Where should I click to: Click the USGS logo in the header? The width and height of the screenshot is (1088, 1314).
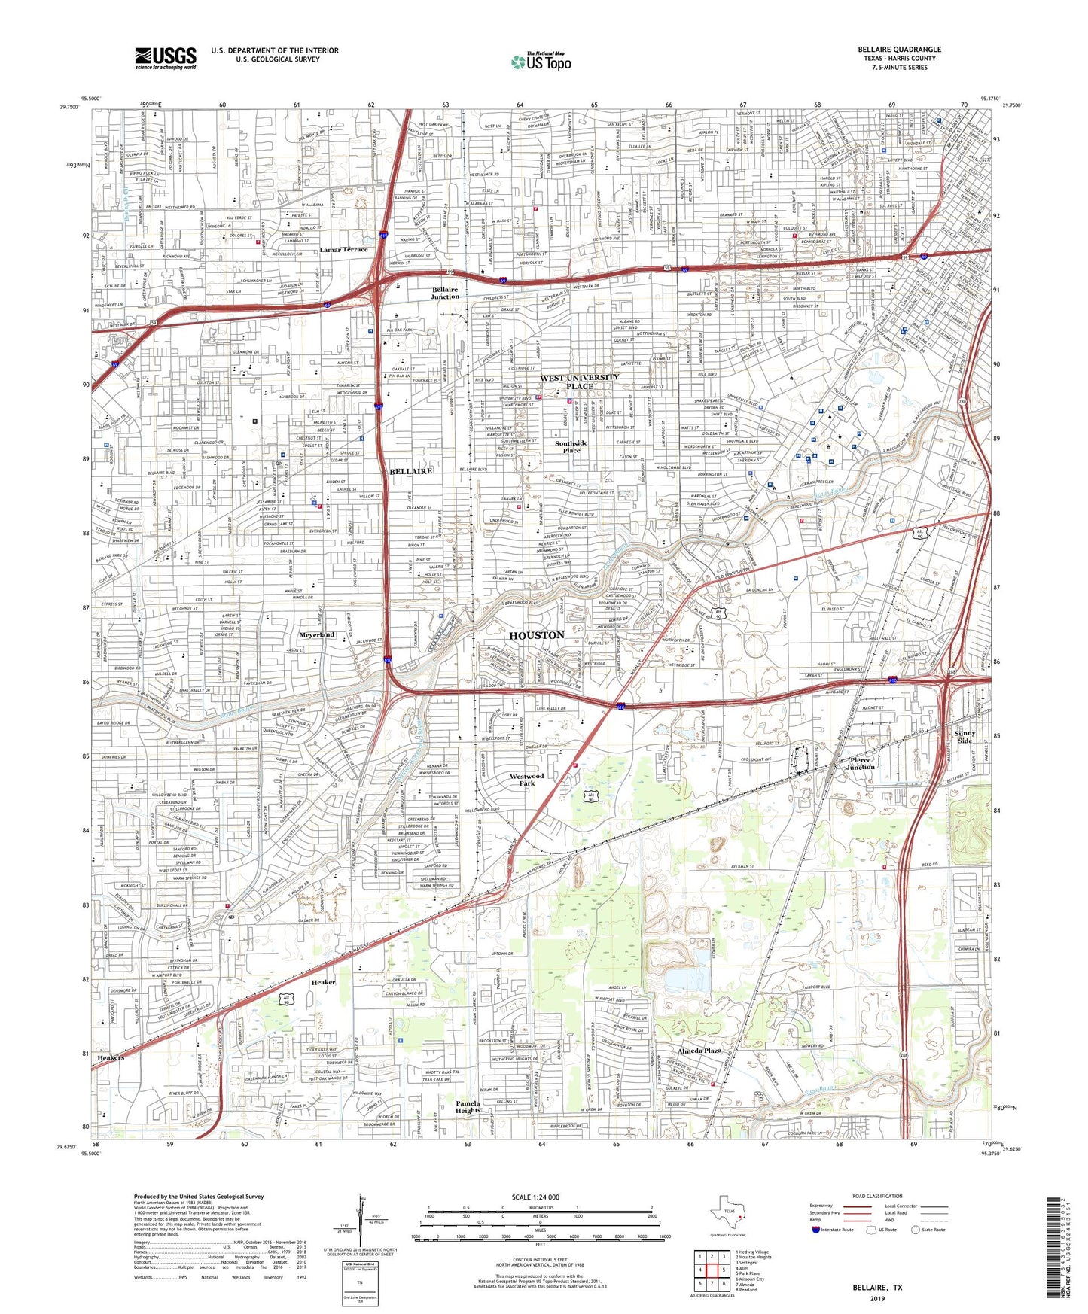pyautogui.click(x=166, y=58)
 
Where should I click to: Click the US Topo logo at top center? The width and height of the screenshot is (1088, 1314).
pyautogui.click(x=541, y=62)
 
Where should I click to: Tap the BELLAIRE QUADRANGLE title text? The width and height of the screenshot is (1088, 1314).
pyautogui.click(x=899, y=50)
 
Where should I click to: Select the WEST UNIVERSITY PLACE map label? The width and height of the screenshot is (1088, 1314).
pyautogui.click(x=579, y=382)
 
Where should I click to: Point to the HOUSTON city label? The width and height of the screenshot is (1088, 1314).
pyautogui.click(x=537, y=635)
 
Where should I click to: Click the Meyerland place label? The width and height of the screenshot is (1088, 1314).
pyautogui.click(x=317, y=634)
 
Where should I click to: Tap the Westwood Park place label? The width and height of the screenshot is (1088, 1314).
pyautogui.click(x=526, y=779)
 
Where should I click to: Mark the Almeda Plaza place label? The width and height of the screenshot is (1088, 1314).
pyautogui.click(x=699, y=1051)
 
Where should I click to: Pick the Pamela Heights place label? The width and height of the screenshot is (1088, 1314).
pyautogui.click(x=468, y=1106)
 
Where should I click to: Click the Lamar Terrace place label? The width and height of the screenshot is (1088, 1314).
pyautogui.click(x=343, y=249)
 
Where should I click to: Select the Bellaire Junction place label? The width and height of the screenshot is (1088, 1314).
pyautogui.click(x=445, y=293)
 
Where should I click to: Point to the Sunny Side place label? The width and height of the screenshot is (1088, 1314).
pyautogui.click(x=965, y=736)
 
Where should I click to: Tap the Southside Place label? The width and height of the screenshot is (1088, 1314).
pyautogui.click(x=571, y=446)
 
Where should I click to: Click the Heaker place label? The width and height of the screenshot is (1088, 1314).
pyautogui.click(x=324, y=982)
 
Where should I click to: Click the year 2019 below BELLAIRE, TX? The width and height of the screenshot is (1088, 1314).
pyautogui.click(x=877, y=1298)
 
